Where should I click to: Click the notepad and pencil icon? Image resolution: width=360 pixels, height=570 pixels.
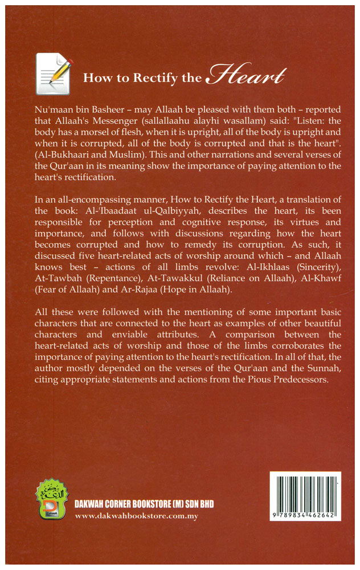[54, 73]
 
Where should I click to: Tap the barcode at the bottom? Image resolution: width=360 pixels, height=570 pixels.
[305, 496]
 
